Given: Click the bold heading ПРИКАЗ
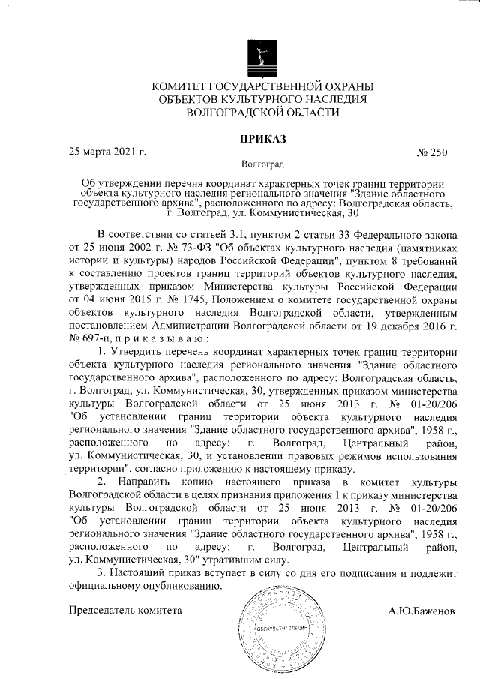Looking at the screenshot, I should click(262, 139).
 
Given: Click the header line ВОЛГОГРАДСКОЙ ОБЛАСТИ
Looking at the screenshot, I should click(262, 113).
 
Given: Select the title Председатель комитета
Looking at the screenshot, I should click(125, 611).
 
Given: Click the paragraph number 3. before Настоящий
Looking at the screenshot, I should click(103, 573).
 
